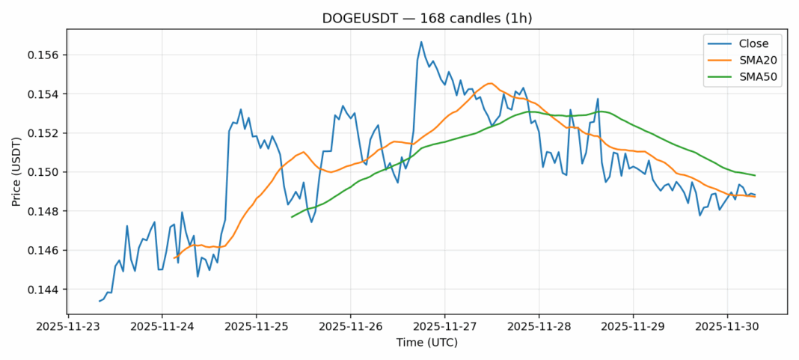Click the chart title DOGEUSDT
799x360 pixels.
[x=426, y=18]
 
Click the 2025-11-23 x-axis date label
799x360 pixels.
[x=68, y=327]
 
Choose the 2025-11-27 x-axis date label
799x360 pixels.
[x=444, y=327]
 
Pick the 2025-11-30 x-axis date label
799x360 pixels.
[x=727, y=327]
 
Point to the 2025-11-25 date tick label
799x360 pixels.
[x=257, y=327]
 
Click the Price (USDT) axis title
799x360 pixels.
[x=17, y=172]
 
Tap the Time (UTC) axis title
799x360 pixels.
[x=426, y=343]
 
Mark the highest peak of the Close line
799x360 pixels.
[x=421, y=42]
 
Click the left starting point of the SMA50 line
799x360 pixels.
[x=292, y=217]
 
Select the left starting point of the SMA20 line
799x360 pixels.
[x=174, y=258]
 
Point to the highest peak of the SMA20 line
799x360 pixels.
[x=490, y=83]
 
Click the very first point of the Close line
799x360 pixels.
[x=100, y=301]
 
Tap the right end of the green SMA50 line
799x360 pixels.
[x=755, y=175]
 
